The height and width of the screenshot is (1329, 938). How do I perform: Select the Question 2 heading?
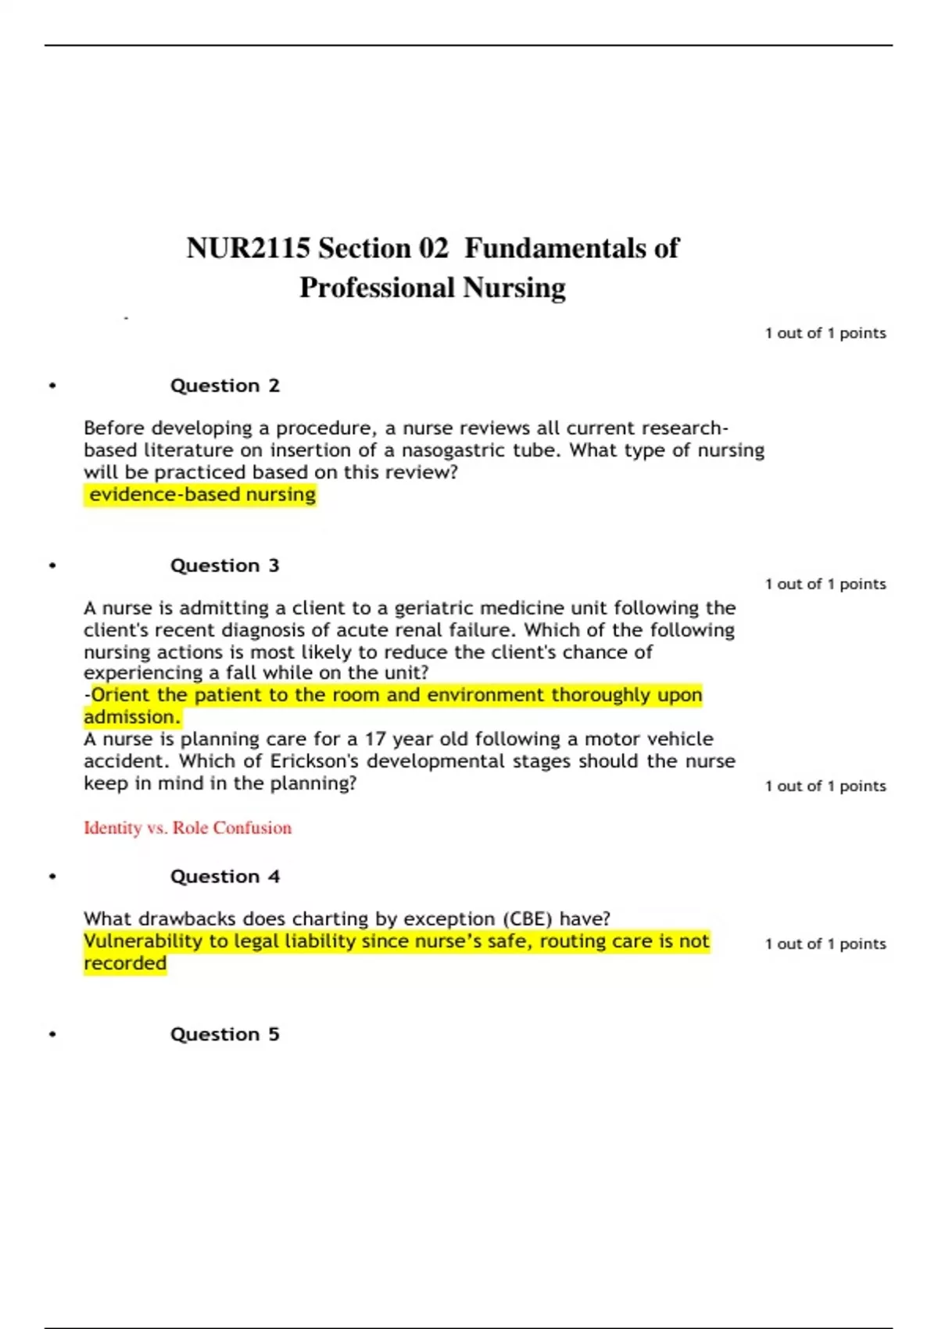tap(224, 385)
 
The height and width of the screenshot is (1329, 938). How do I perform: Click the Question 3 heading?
tap(224, 565)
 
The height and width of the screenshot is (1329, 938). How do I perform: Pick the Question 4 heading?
tap(224, 876)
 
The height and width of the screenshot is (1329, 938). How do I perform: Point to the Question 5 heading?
tap(224, 1034)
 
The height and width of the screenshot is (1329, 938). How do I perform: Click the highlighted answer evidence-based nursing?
tap(202, 494)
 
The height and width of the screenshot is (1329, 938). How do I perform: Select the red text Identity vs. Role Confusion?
tap(188, 828)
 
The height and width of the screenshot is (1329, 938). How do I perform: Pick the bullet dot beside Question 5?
tap(52, 1034)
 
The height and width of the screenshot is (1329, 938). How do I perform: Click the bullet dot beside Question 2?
tap(52, 385)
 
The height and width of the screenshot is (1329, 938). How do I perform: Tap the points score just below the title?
tap(825, 333)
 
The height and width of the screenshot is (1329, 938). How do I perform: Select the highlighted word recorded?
tap(125, 963)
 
